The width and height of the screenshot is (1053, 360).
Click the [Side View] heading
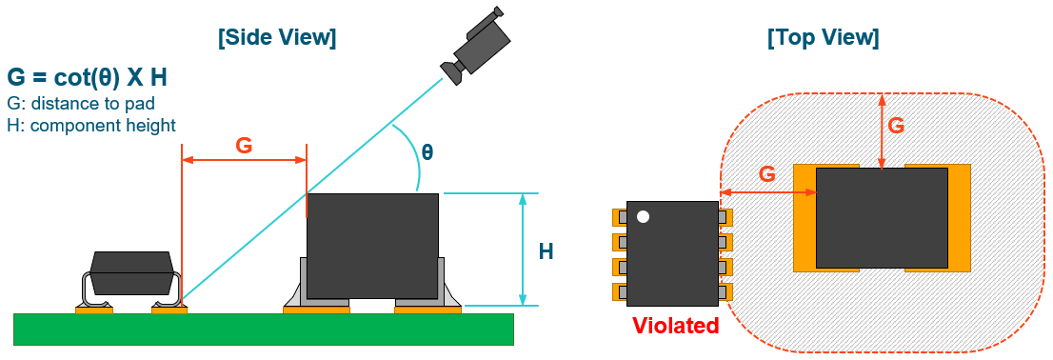coord(277,38)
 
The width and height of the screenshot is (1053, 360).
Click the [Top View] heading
coord(823,38)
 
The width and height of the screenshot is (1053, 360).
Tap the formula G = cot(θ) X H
coord(88,78)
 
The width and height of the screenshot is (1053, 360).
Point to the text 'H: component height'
coord(91,125)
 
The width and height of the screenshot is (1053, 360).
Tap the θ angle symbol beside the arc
coord(427,151)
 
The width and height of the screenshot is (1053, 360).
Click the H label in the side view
coord(546,251)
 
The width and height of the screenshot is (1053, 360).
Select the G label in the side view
coord(244,145)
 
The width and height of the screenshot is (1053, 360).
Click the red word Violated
coord(676,326)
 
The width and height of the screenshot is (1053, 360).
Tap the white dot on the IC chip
coord(643,217)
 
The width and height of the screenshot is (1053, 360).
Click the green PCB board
coord(264,330)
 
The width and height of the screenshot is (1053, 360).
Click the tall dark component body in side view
coord(372,246)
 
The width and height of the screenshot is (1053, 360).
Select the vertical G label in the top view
coord(896,125)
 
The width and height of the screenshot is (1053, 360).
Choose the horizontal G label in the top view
coord(766,174)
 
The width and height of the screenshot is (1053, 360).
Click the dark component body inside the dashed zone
coord(882,217)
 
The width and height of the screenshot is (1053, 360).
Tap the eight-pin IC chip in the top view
coord(672,254)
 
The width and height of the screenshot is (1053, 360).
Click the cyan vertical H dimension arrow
coord(523,250)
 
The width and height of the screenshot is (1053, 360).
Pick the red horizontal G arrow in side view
coord(244,161)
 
